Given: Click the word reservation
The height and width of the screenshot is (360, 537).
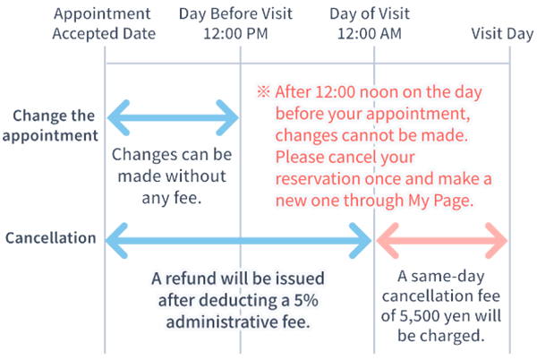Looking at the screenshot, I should pyautogui.click(x=320, y=179).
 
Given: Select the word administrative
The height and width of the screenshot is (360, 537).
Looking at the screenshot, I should pyautogui.click(x=221, y=321).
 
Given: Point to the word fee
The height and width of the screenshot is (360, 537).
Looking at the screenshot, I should pyautogui.click(x=298, y=321).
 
